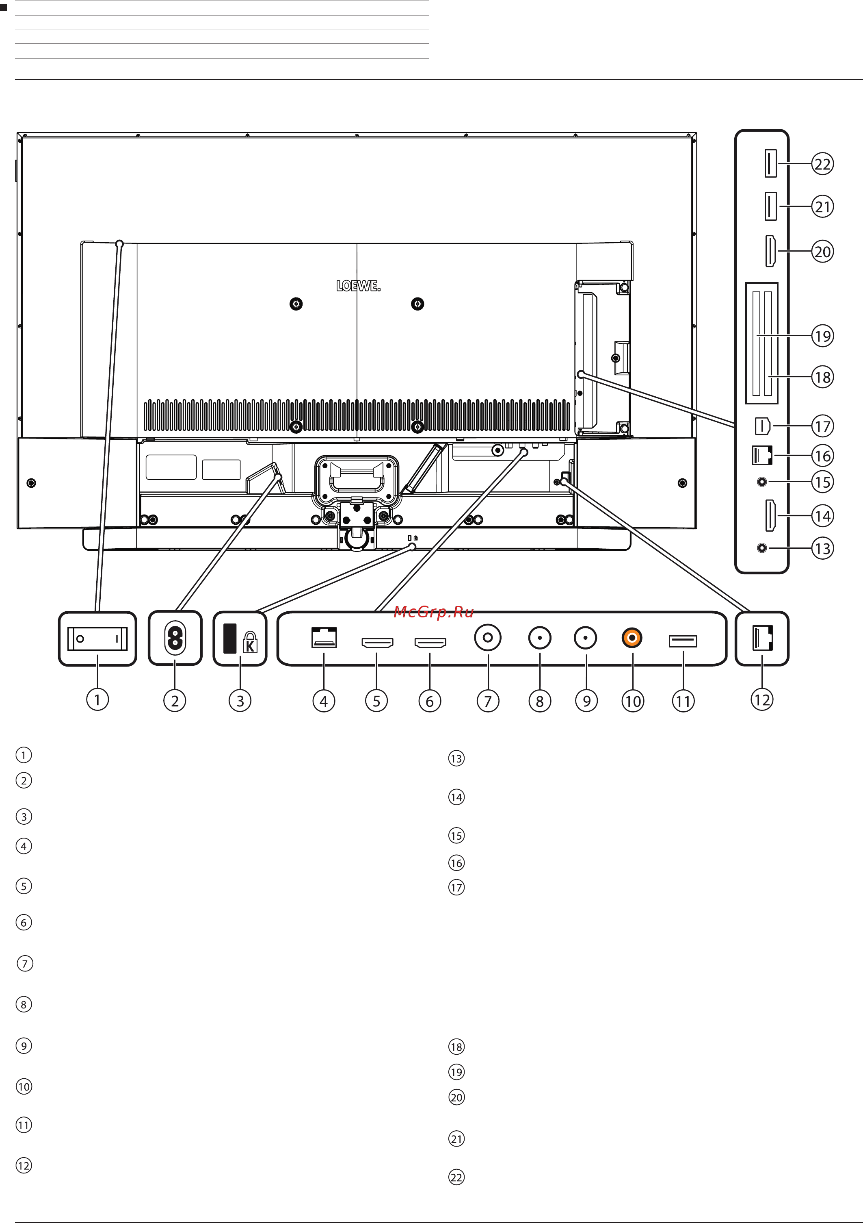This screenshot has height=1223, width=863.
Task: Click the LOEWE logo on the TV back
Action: click(x=358, y=286)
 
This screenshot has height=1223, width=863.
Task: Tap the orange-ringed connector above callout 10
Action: click(x=632, y=638)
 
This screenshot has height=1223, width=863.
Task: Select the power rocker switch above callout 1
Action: click(x=97, y=638)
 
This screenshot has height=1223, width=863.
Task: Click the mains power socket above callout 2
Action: click(x=175, y=638)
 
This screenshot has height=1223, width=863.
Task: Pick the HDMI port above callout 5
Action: click(x=377, y=643)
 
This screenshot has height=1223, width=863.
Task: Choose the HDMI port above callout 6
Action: click(x=430, y=643)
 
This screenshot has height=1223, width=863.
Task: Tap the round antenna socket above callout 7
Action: click(x=488, y=638)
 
